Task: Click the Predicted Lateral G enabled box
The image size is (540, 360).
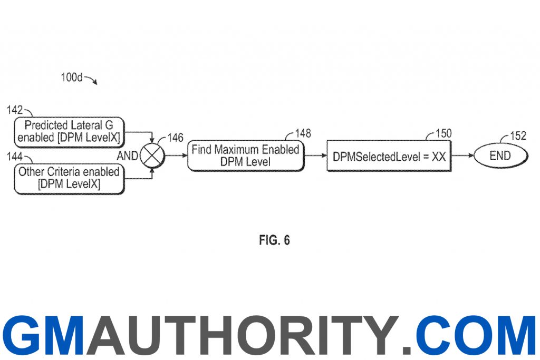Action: tap(69, 132)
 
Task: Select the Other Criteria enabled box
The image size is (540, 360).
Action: tap(69, 179)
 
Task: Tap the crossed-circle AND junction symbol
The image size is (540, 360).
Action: tap(152, 156)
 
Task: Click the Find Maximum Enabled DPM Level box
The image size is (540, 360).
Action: tap(246, 155)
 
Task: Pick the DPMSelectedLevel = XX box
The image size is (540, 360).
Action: tap(389, 156)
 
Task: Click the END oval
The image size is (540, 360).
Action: tap(500, 156)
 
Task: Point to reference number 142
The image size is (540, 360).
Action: tap(14, 110)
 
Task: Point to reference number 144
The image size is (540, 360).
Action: tap(14, 157)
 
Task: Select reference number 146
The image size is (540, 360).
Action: tap(175, 138)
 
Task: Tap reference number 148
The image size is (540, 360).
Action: tap(303, 133)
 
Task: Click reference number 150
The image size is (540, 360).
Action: tap(443, 133)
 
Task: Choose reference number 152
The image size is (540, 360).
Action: tap(518, 135)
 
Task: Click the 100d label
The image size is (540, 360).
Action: tap(72, 77)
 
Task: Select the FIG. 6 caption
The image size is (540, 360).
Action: tap(274, 240)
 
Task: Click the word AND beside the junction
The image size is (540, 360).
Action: tap(128, 156)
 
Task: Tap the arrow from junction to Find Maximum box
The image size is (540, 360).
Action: tap(176, 155)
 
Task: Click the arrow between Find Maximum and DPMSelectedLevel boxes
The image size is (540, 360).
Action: tap(315, 155)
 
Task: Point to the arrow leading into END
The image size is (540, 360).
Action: tap(462, 155)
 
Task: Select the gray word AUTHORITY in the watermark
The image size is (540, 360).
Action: tap(242, 336)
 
